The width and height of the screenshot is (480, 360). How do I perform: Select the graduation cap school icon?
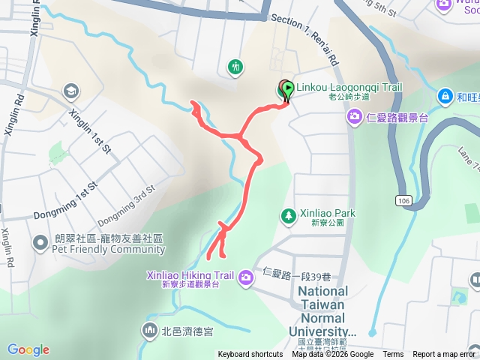[x=71, y=91]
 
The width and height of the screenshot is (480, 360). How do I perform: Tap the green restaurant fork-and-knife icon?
[x=235, y=67]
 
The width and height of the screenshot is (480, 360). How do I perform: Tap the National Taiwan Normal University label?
[x=323, y=310]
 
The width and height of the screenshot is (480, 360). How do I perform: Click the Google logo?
[x=28, y=349]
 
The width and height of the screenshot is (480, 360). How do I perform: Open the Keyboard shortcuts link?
[x=250, y=355]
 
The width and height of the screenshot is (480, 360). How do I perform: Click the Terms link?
[x=393, y=355]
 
